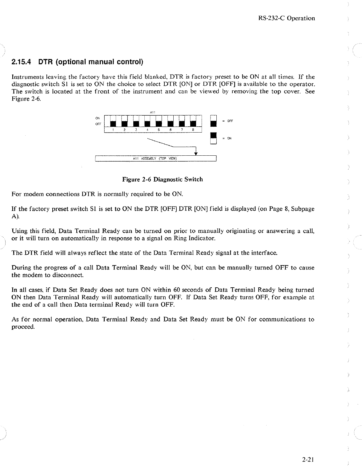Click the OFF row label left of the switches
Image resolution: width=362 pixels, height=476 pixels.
[x=98, y=124]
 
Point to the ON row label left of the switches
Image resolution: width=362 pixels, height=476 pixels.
[x=98, y=118]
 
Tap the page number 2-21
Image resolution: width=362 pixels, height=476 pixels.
[x=308, y=461]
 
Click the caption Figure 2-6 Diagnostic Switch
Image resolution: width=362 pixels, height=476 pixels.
[x=163, y=179]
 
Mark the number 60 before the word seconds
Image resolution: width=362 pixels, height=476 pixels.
[x=177, y=290]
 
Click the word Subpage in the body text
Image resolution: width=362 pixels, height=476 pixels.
[x=303, y=209]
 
